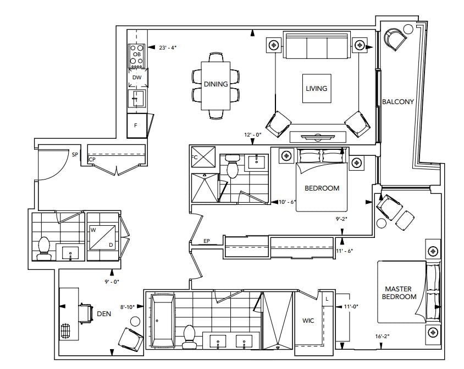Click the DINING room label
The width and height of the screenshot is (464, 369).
(216, 84)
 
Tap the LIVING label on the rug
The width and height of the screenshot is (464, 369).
(316, 88)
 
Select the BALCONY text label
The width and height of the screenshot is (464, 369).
(397, 102)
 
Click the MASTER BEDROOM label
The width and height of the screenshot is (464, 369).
(399, 292)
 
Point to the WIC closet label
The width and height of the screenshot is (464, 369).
(308, 321)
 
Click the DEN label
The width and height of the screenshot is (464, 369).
(104, 313)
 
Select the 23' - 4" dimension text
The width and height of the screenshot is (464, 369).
(168, 47)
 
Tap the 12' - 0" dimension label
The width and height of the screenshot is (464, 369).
(253, 134)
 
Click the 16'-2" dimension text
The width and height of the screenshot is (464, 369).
(382, 336)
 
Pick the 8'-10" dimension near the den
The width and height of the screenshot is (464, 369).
(128, 307)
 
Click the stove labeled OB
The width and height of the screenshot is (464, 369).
(137, 56)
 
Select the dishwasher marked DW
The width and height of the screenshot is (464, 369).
(137, 78)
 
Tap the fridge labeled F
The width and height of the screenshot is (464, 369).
(137, 126)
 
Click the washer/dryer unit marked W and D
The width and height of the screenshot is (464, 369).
(102, 237)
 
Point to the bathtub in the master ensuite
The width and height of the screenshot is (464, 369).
(163, 321)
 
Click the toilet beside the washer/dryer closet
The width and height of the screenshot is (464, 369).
(44, 249)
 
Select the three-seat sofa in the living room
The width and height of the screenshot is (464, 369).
(316, 45)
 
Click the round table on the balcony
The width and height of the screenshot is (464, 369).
(408, 29)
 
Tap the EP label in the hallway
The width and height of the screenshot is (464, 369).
(207, 241)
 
